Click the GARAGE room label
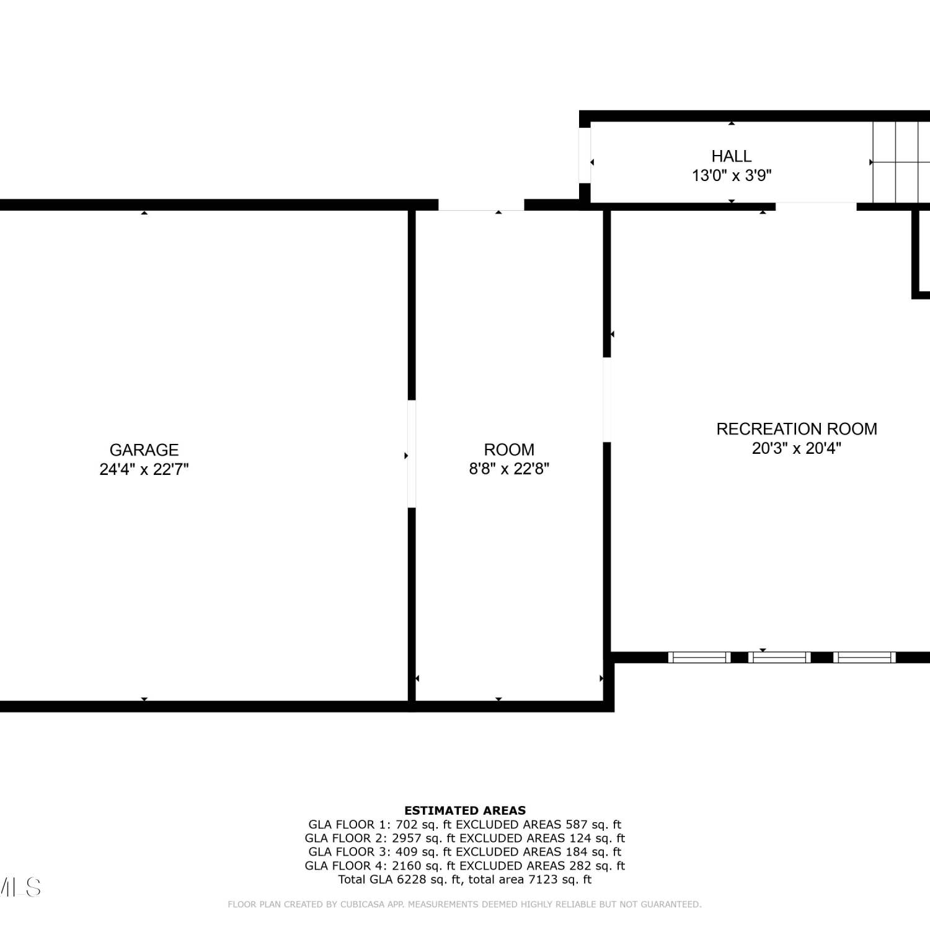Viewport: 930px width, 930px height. tap(144, 449)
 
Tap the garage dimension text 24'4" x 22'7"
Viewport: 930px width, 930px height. tap(144, 469)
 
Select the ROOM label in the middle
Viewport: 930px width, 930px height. tap(509, 449)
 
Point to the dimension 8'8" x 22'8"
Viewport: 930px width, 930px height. tap(509, 469)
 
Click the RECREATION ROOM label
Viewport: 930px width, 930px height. tap(797, 428)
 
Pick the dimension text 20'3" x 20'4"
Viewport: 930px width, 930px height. tap(797, 448)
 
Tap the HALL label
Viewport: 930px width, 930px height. tap(732, 156)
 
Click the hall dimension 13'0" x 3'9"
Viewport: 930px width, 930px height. tap(732, 175)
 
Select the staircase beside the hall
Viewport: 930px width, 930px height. tap(901, 162)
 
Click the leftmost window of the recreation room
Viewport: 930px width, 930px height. tap(699, 657)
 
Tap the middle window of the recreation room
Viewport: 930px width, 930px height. tap(779, 657)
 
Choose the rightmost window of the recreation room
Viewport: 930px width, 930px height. tap(864, 657)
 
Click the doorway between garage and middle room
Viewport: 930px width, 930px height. tap(412, 454)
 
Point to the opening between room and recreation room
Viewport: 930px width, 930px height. tap(607, 400)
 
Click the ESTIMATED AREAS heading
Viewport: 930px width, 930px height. tap(465, 810)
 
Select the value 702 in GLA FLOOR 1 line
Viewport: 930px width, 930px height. tap(406, 825)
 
